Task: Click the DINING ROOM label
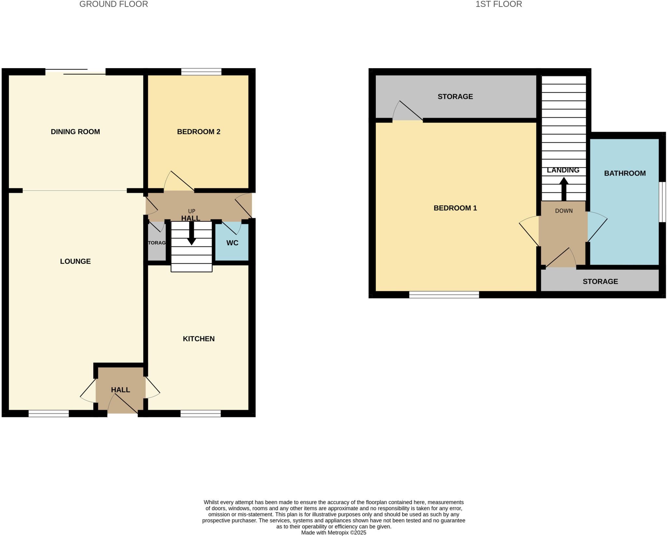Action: tap(75, 132)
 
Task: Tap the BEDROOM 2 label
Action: tap(199, 132)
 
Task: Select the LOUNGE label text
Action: tap(75, 261)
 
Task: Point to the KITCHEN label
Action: tap(199, 339)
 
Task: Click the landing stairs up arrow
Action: tap(564, 189)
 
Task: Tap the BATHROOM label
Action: tap(625, 173)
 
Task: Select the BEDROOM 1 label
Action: tap(455, 208)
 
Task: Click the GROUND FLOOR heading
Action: tap(114, 4)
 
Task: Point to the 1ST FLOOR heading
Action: tap(499, 4)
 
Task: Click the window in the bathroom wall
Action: tap(662, 202)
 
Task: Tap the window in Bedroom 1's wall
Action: tap(444, 295)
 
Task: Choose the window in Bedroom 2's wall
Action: tap(201, 72)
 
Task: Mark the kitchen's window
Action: tap(201, 414)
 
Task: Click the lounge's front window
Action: tap(49, 414)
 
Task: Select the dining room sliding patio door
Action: tap(76, 72)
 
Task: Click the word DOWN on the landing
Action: tap(564, 211)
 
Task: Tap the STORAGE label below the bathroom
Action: tap(600, 281)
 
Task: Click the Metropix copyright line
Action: tap(333, 533)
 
